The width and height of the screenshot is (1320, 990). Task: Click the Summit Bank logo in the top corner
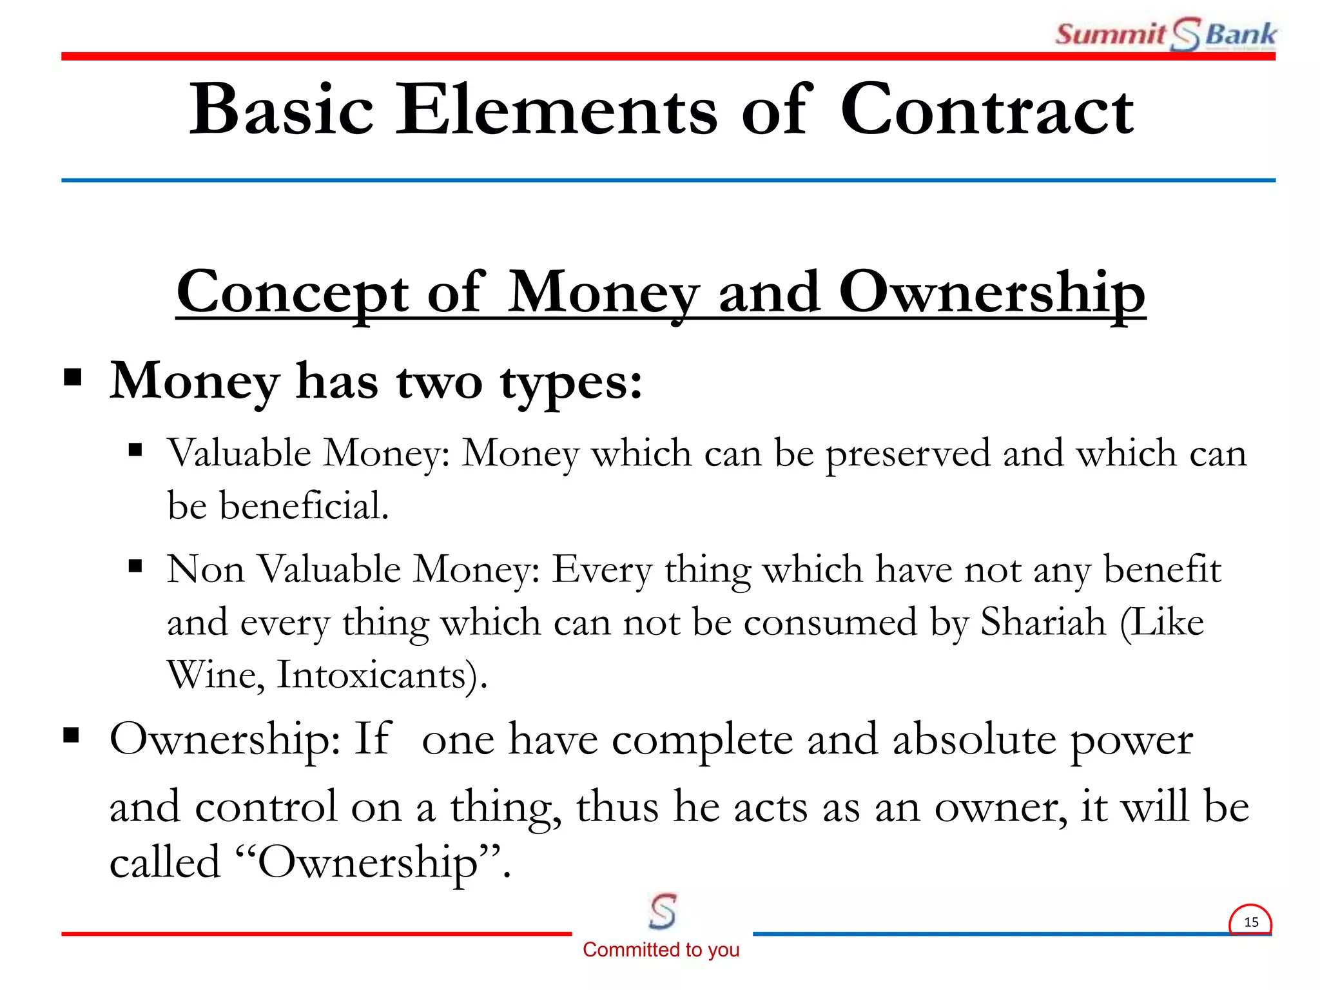[1165, 34]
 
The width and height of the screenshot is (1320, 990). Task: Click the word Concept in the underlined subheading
[293, 293]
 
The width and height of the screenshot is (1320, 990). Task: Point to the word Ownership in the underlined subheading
[992, 293]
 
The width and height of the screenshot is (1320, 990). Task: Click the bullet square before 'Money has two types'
[73, 377]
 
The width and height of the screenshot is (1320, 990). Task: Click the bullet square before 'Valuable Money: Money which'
[135, 449]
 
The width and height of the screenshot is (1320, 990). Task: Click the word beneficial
[304, 505]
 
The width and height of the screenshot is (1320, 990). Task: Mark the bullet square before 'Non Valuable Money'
[135, 567]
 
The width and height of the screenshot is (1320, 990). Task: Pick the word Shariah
[1043, 623]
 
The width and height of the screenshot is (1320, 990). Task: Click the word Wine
[215, 675]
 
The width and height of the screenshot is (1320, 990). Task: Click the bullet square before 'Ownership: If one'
[72, 735]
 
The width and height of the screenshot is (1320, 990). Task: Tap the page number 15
[1250, 922]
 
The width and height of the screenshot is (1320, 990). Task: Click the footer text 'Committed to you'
[661, 949]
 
